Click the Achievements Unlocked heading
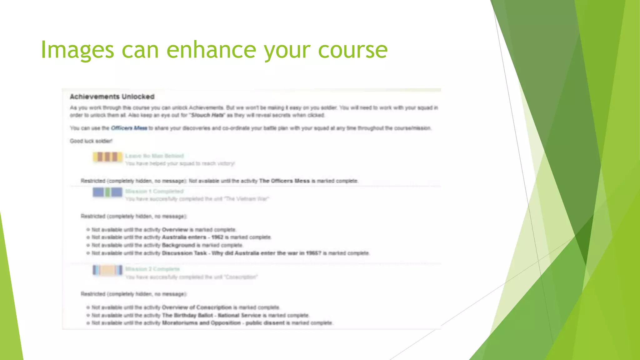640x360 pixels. click(112, 97)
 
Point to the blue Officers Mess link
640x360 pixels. click(129, 128)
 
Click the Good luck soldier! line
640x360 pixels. click(91, 141)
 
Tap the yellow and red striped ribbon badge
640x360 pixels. click(107, 157)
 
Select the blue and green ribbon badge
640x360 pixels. click(107, 192)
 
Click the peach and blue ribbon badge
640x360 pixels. click(107, 270)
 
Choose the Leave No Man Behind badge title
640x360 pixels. click(154, 156)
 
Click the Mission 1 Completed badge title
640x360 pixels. click(154, 191)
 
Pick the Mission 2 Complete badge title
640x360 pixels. click(152, 269)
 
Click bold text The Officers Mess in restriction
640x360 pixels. click(284, 181)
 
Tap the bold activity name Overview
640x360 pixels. click(175, 230)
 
